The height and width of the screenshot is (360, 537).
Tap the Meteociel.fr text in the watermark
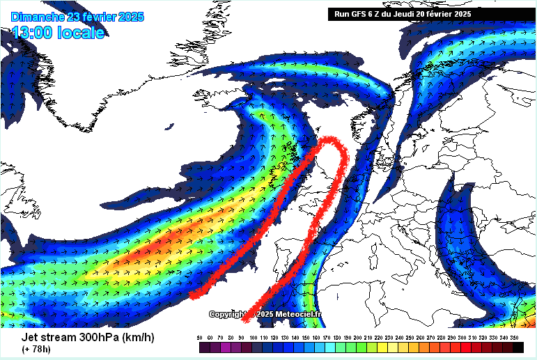click(299, 314)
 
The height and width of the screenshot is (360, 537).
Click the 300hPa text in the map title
click(95, 338)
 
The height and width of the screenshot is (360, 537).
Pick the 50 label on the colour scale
click(200, 337)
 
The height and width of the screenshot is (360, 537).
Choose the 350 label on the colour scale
click(517, 337)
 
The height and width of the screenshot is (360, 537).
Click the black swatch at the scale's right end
click(517, 347)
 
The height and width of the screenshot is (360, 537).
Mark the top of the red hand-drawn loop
click(329, 140)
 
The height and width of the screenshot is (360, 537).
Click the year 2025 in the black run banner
click(460, 13)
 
